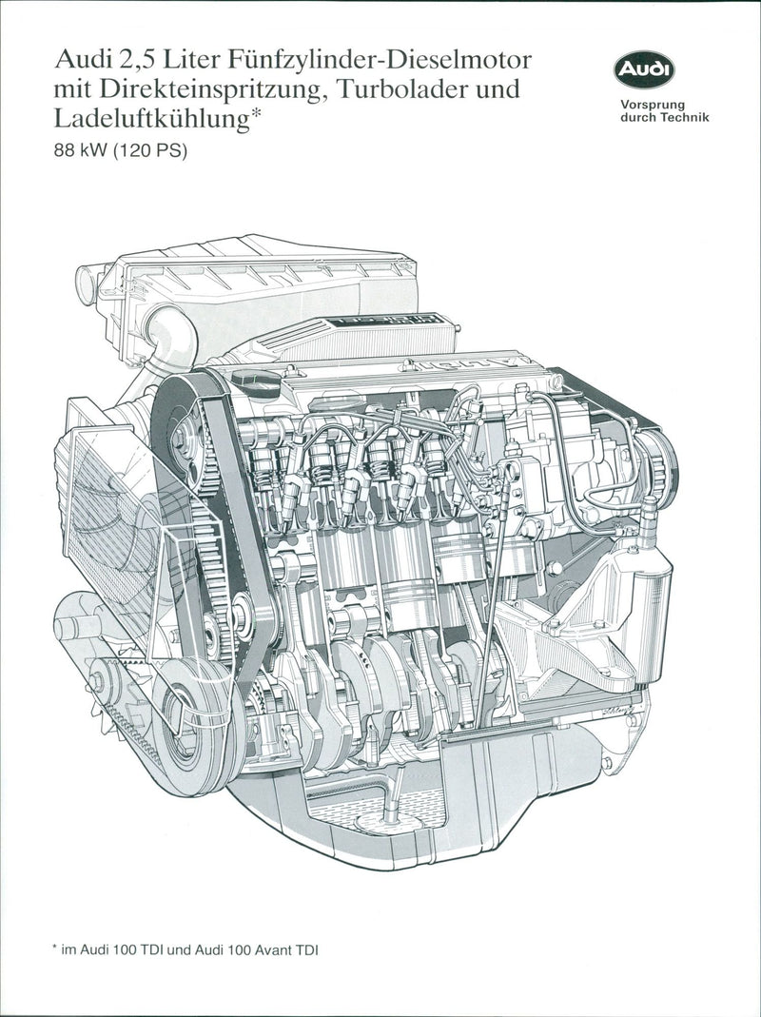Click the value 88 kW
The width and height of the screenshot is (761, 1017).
[81, 152]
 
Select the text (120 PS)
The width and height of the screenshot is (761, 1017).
[150, 152]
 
